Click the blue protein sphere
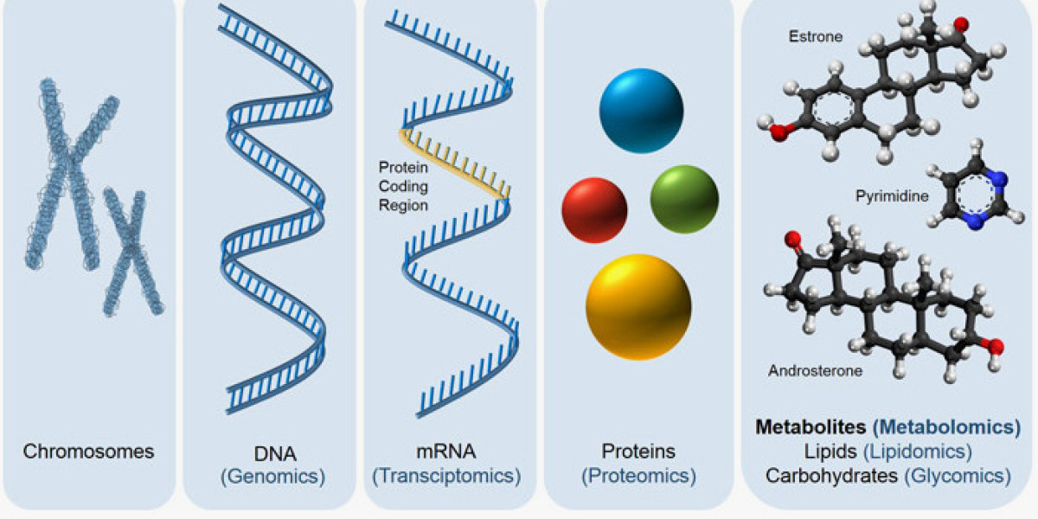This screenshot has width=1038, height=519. (641, 111)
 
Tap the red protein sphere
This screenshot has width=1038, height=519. (594, 210)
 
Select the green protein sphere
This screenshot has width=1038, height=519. (684, 199)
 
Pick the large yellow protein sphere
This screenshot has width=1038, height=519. (638, 307)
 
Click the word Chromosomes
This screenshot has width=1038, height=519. (88, 452)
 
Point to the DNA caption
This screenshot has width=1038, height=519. (275, 453)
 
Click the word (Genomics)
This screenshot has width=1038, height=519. (273, 477)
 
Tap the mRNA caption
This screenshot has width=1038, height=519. (445, 452)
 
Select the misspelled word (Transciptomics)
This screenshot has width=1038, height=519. (446, 476)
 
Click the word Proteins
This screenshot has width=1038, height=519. (638, 452)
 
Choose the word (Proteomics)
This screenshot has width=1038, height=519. (638, 476)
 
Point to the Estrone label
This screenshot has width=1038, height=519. (816, 36)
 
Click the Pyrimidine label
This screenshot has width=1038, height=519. (892, 196)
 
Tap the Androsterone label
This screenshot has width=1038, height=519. (815, 371)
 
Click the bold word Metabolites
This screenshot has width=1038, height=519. (811, 426)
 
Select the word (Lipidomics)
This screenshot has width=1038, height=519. (918, 452)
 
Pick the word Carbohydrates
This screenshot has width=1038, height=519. (832, 476)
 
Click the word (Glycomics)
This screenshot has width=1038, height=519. (958, 476)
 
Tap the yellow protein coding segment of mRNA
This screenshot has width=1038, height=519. (454, 163)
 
